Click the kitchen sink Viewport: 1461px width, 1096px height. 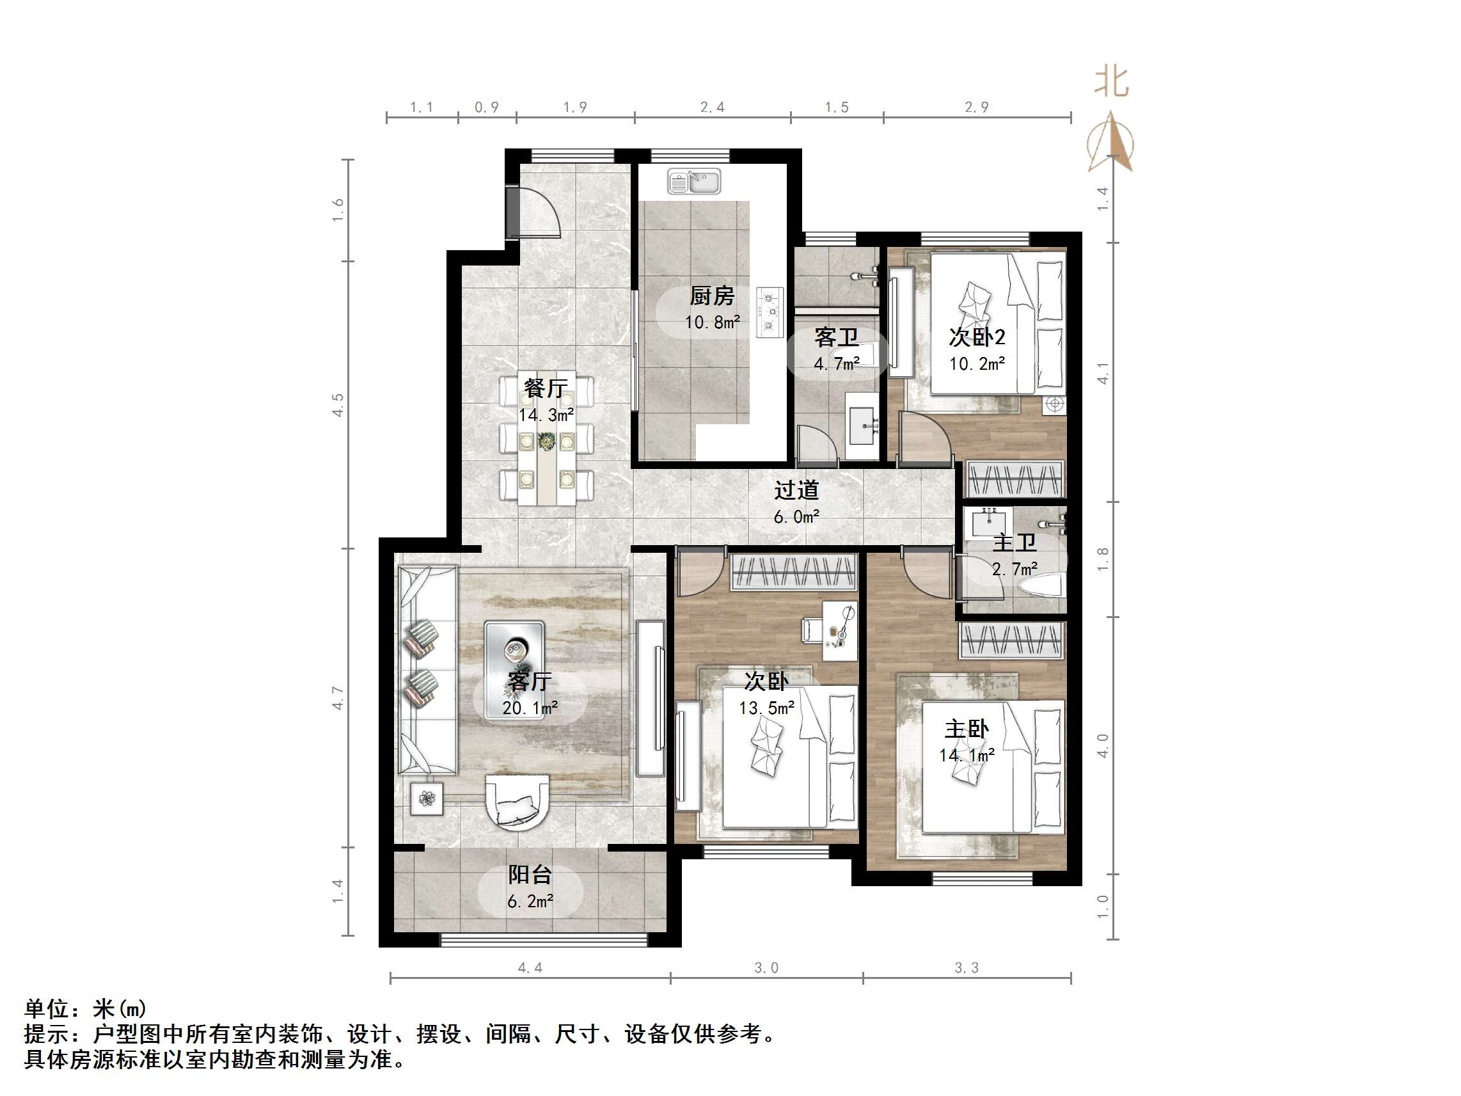[x=693, y=181]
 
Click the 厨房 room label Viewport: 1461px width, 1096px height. [x=712, y=296]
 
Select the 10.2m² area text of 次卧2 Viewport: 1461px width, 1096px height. [x=977, y=364]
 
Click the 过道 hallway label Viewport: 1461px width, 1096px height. [x=796, y=490]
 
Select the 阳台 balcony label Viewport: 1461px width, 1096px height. [x=530, y=875]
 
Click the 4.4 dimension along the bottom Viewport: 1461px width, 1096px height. [x=530, y=968]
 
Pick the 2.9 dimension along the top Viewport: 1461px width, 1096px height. [x=977, y=107]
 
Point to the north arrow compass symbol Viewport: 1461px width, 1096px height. [x=1112, y=143]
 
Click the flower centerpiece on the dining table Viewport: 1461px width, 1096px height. [x=546, y=441]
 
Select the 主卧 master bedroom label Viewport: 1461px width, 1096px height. [x=967, y=729]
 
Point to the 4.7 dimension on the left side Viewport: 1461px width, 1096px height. [x=338, y=697]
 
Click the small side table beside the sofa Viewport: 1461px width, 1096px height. [x=427, y=798]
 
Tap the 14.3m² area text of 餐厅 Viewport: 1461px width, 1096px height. [x=546, y=415]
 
